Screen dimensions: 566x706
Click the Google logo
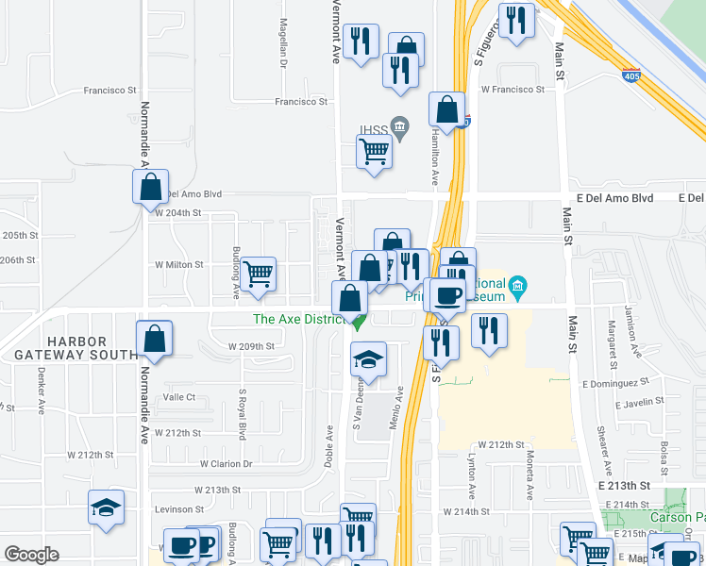pos(31,554)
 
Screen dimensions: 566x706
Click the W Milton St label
pos(179,265)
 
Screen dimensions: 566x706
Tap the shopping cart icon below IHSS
pos(375,150)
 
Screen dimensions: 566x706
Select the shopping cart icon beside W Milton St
pos(258,274)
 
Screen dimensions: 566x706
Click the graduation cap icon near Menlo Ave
pos(369,359)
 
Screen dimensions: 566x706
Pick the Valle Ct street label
pos(178,397)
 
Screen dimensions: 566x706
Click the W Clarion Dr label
pos(227,464)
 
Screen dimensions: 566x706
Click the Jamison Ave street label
pos(634,333)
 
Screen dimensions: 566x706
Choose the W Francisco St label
pos(513,90)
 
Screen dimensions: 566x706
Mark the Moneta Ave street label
pos(529,482)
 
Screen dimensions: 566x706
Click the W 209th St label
pos(251,346)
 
